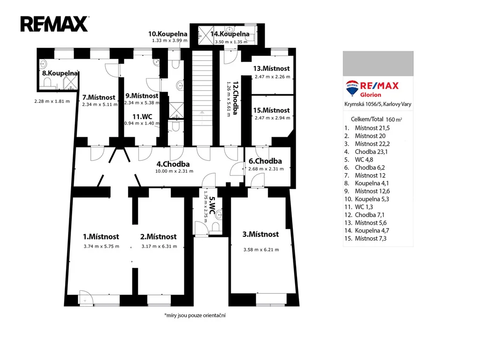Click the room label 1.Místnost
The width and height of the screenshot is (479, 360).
pos(101,236)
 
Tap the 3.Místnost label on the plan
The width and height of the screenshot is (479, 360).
pos(261,235)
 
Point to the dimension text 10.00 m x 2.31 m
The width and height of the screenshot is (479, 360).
pos(174,171)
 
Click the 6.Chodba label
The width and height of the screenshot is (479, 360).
pos(265,161)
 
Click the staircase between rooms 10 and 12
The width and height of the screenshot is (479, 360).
pos(202,98)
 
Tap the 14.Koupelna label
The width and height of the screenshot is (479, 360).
pos(230,34)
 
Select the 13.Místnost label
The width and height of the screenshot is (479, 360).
pos(271,68)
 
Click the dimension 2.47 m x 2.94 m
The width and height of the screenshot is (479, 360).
pos(273,118)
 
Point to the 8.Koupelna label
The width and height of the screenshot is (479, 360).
pos(60,73)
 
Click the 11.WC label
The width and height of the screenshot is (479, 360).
pos(142,117)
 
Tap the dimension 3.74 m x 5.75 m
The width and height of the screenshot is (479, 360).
pos(102,246)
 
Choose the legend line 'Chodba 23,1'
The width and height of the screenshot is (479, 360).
pos(366,152)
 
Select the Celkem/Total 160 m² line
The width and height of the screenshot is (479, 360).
pos(377,119)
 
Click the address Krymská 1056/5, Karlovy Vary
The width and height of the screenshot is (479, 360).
pos(378,104)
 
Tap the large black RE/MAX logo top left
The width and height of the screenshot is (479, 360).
pos(54,24)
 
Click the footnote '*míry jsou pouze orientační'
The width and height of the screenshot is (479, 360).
pos(195,316)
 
